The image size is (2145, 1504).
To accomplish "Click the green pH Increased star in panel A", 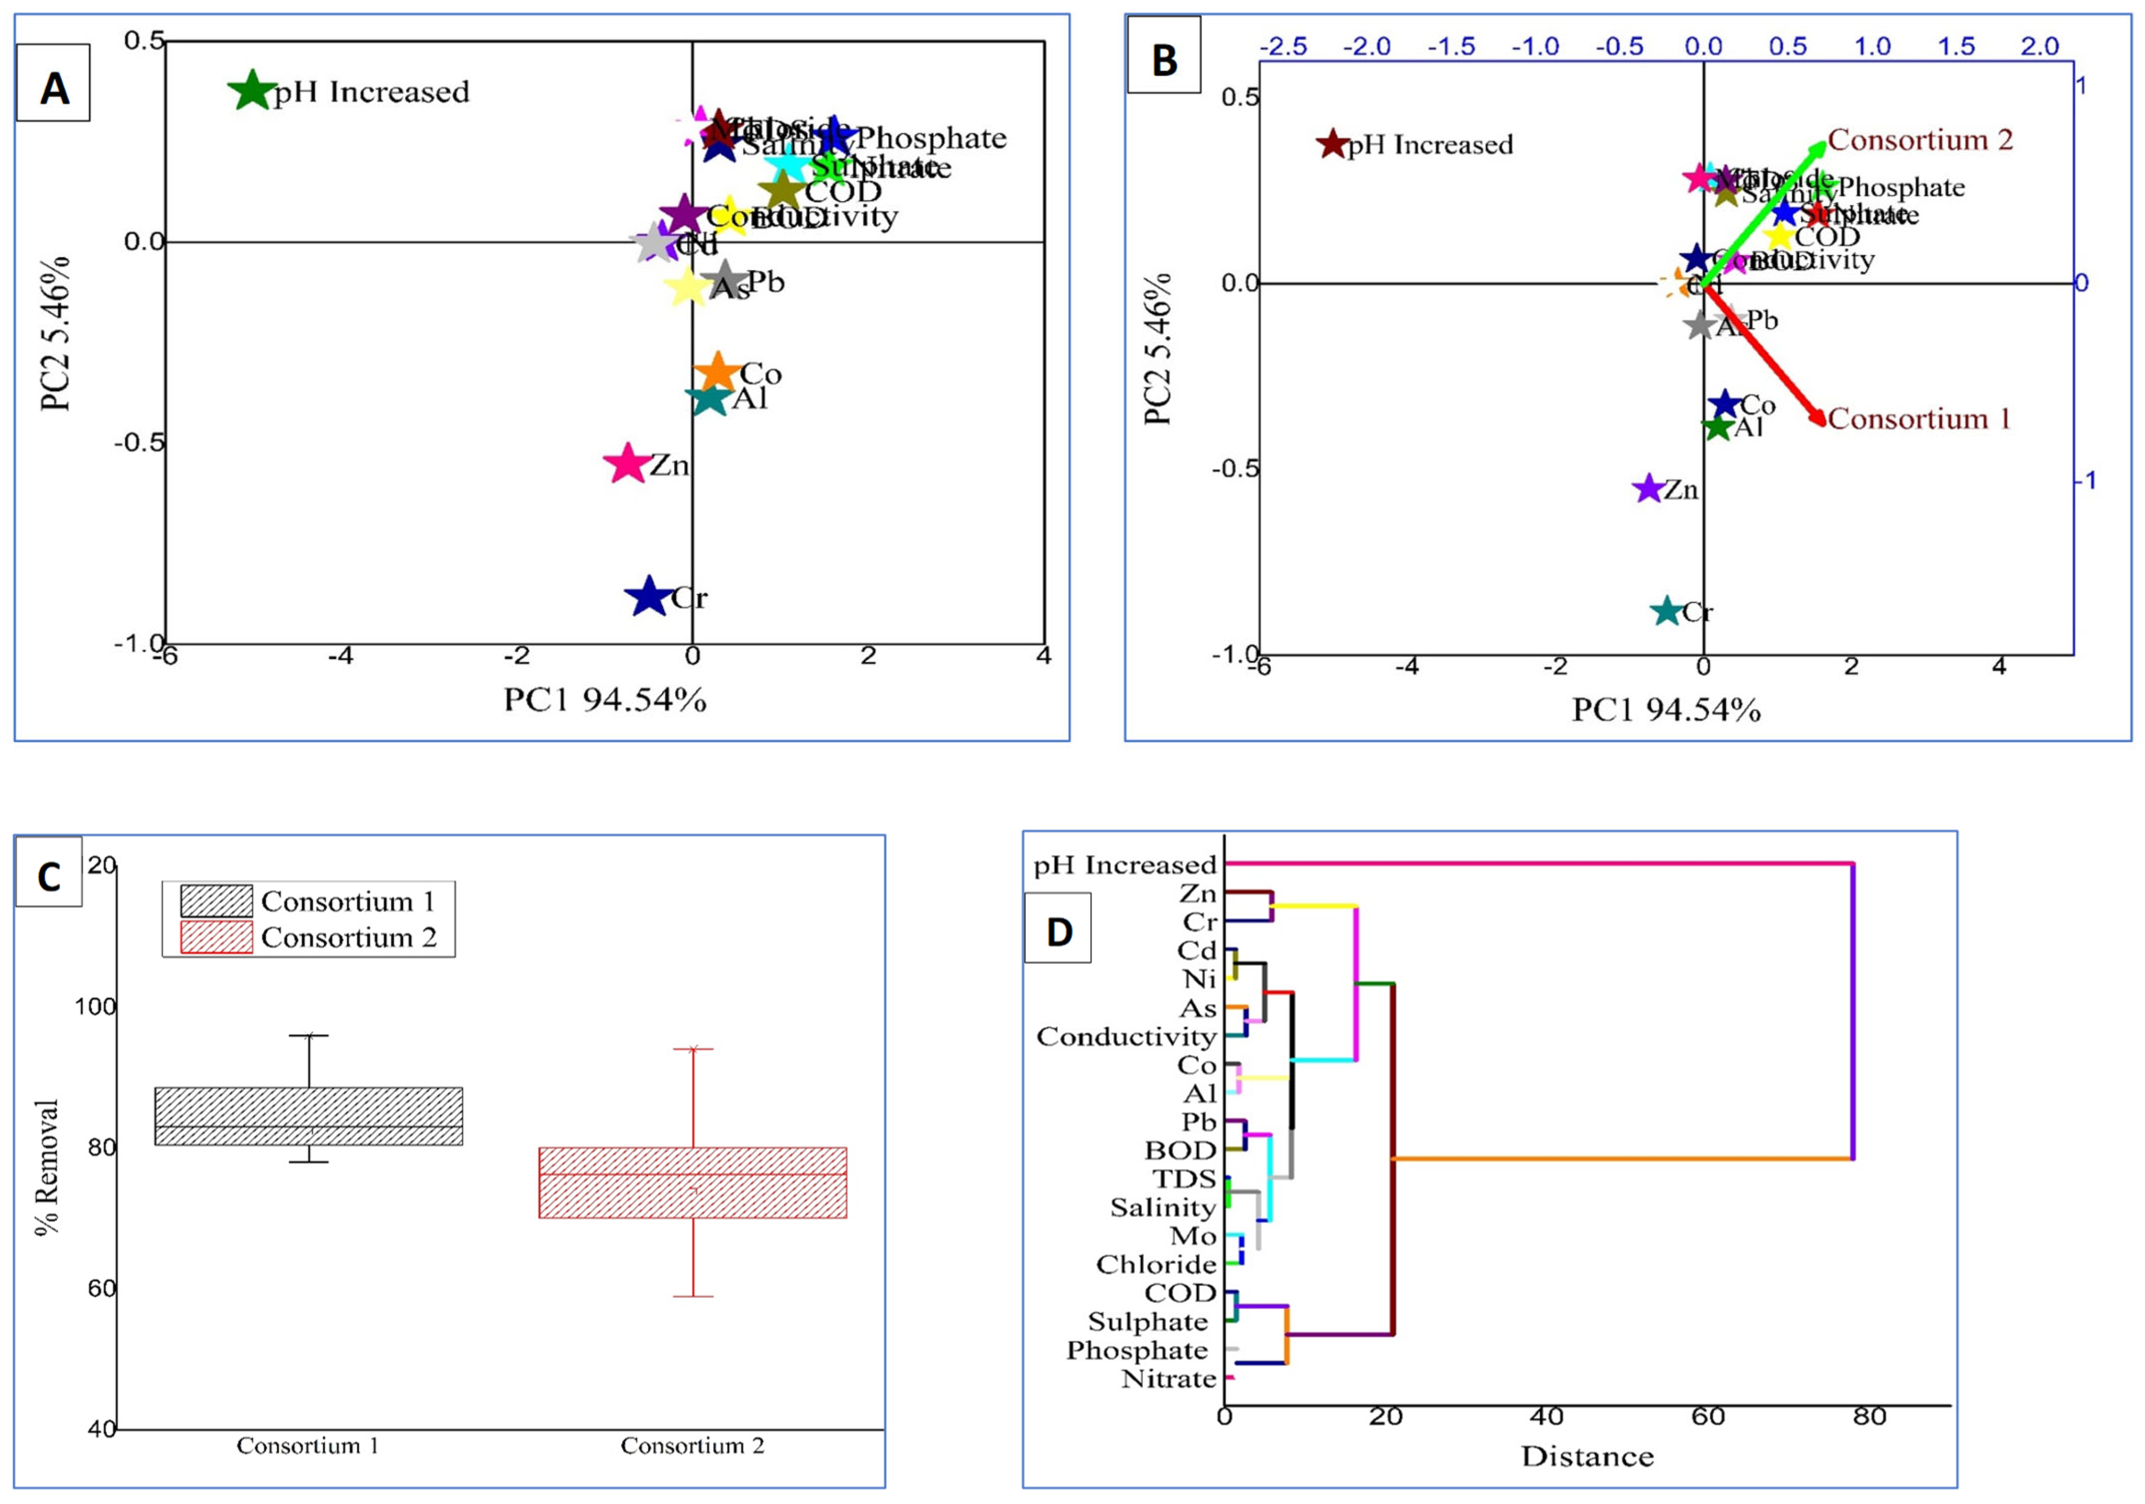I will click(251, 92).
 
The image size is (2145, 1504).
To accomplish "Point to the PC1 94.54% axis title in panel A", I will click(604, 699).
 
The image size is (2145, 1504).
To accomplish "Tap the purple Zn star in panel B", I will click(1648, 488).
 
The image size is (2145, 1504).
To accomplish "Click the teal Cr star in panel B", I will click(1667, 612).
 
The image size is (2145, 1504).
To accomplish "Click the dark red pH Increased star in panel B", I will click(1332, 145).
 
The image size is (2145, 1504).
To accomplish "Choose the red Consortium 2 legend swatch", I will click(216, 937).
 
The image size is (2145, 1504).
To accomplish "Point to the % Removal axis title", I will click(47, 1168).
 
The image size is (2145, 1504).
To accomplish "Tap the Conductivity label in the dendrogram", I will click(1126, 1037).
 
